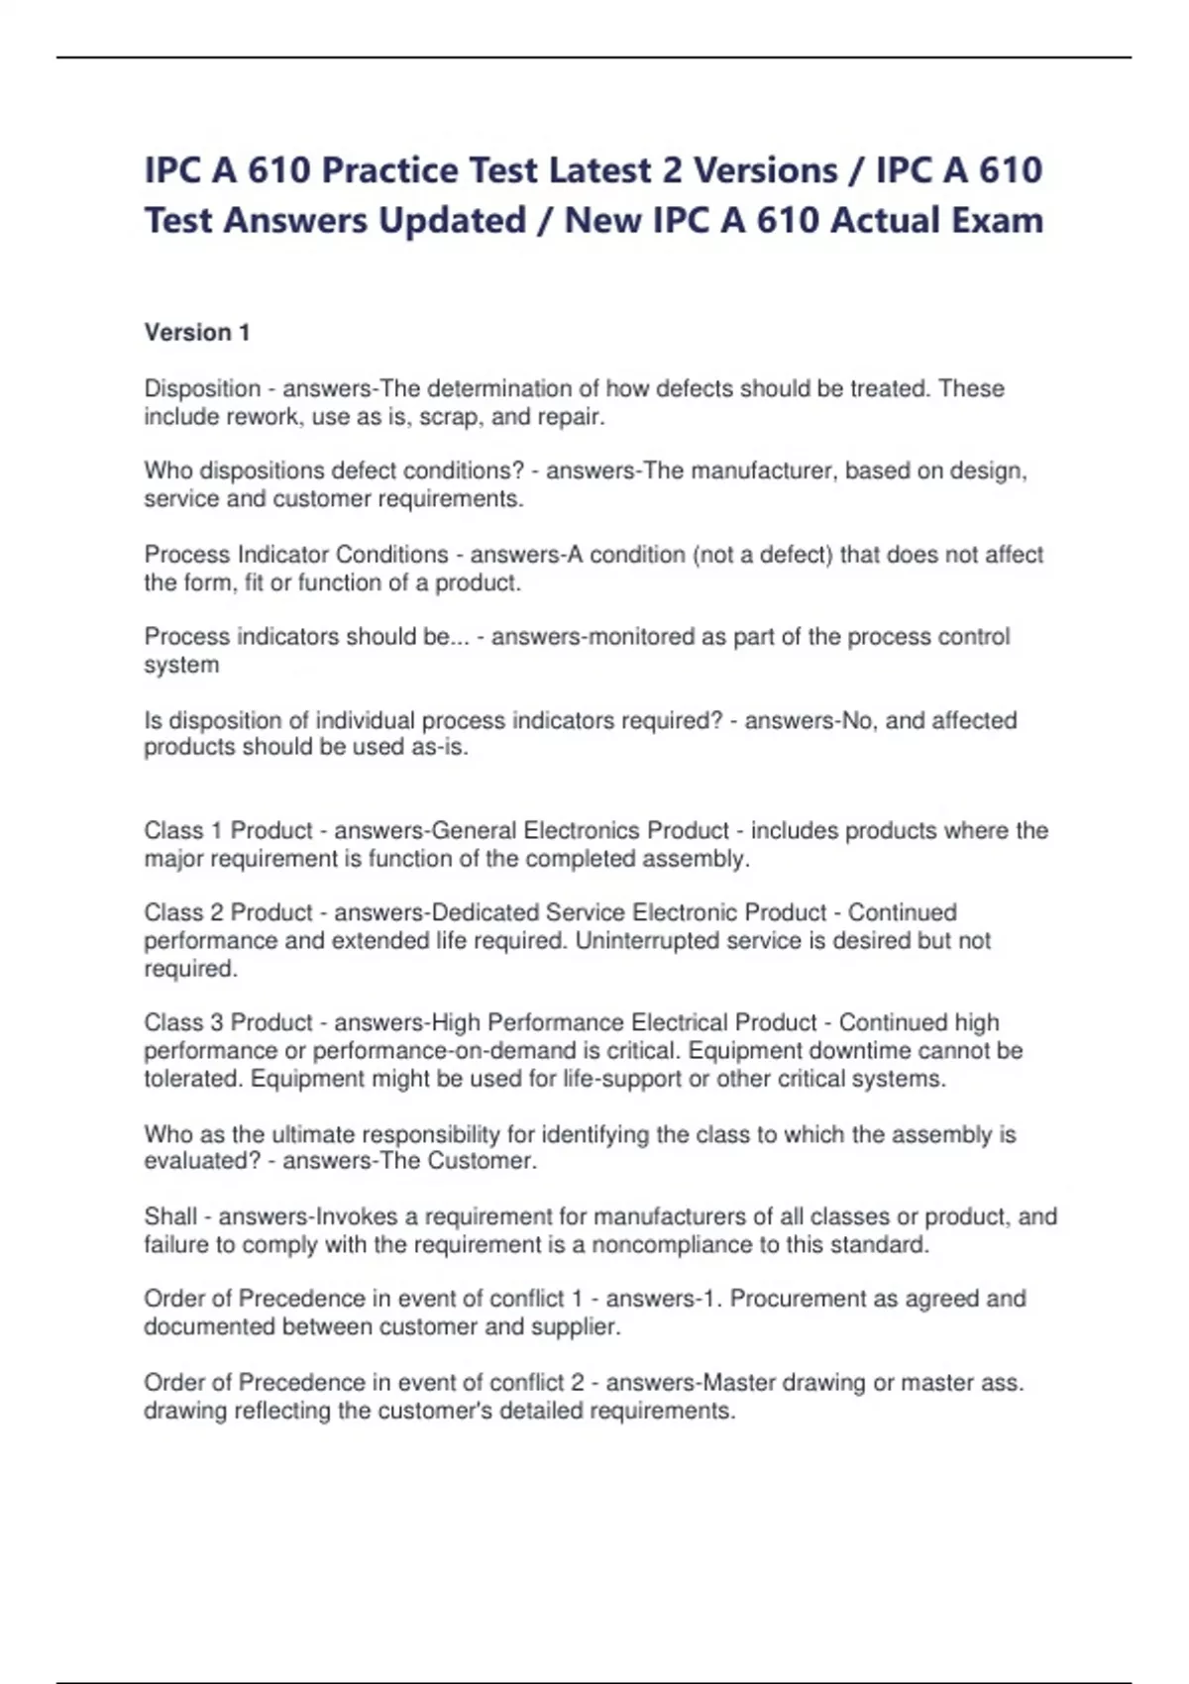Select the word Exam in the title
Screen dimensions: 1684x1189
(x=997, y=220)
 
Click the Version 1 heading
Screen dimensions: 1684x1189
(x=196, y=333)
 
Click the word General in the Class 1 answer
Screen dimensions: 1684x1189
(x=475, y=830)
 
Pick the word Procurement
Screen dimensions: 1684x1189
(x=797, y=1299)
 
